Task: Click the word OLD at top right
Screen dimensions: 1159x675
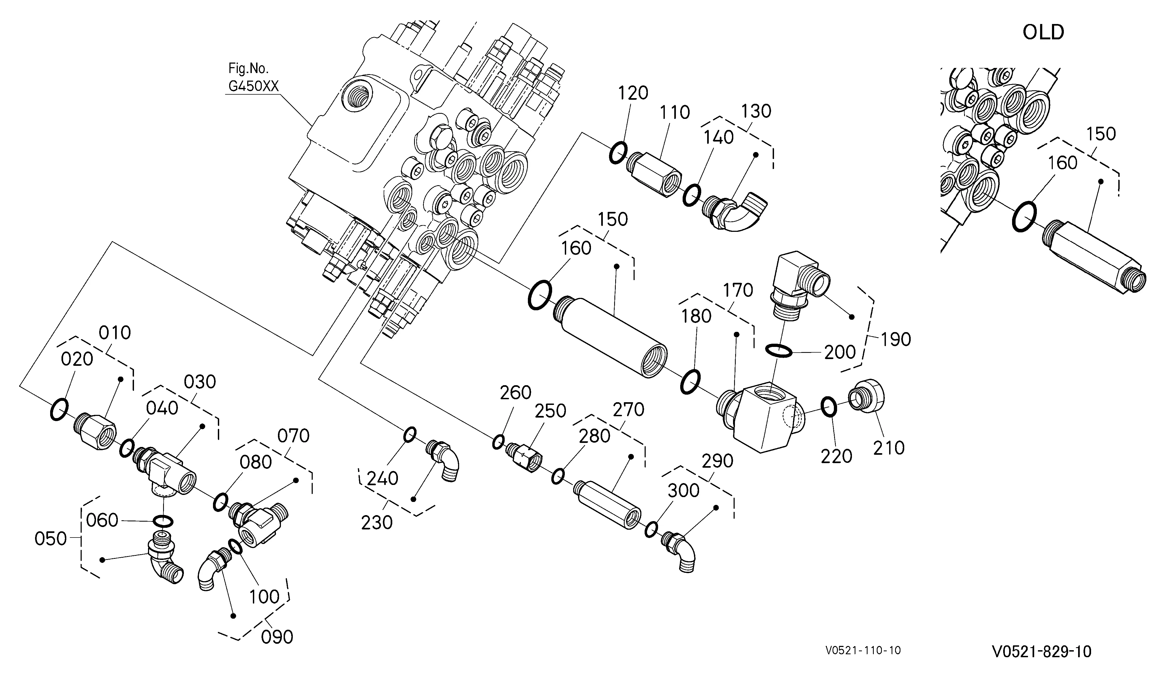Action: point(1043,32)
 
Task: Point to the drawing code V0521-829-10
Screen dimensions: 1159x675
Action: point(1041,651)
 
